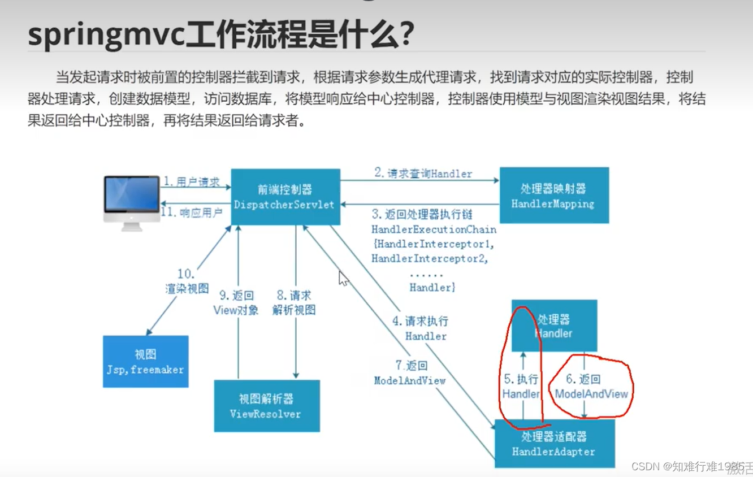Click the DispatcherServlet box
[285, 197]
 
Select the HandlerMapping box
[553, 196]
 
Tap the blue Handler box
[554, 326]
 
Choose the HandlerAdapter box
[554, 444]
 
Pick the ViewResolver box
[266, 406]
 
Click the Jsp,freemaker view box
[145, 362]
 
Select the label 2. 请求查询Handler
[423, 174]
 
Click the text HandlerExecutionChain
[434, 229]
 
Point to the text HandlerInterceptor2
[429, 259]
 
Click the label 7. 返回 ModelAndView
[410, 373]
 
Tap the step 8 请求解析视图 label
[293, 303]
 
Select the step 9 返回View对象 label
[236, 303]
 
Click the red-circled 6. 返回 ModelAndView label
[591, 387]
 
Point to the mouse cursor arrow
[343, 278]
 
